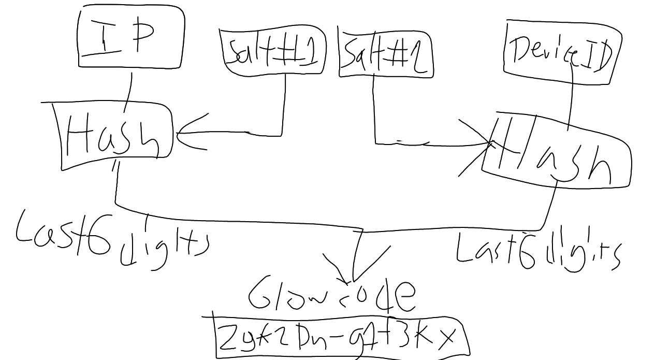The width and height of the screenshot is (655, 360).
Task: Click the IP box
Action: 131,37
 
